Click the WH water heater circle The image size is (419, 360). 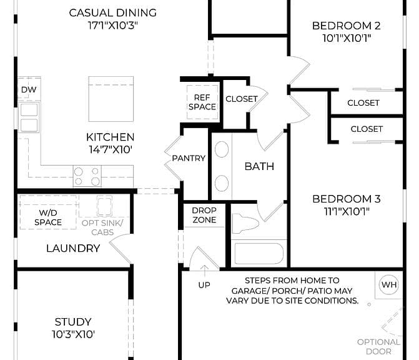(389, 284)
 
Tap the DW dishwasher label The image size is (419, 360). (29, 89)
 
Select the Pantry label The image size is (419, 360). (189, 158)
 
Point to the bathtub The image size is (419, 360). (259, 253)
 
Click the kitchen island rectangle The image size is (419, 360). (111, 99)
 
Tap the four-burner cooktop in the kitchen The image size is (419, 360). (87, 176)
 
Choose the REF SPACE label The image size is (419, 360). (202, 102)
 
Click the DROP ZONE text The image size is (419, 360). (204, 215)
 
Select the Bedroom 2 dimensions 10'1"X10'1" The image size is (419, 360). (347, 38)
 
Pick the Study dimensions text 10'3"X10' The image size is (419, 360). (73, 334)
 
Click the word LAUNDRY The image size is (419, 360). (73, 249)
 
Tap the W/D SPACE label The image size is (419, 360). (48, 217)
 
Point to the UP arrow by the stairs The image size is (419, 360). (204, 271)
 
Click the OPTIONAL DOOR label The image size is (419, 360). (378, 347)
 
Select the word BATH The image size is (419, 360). (259, 167)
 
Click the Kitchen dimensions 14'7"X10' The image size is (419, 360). (111, 150)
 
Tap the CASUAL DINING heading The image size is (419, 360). (113, 13)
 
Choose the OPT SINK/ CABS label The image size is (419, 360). (102, 227)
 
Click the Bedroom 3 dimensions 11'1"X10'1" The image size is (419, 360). (347, 211)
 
